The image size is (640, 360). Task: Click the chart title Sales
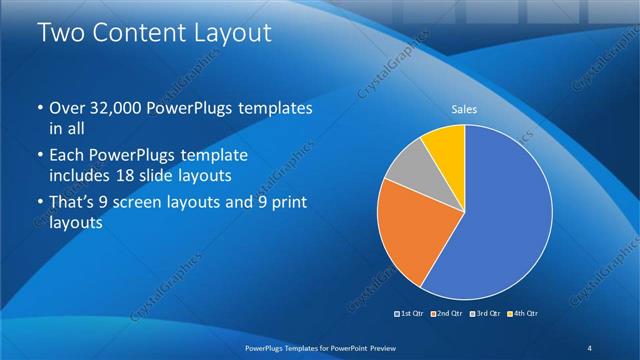pyautogui.click(x=464, y=108)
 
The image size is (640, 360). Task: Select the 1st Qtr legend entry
pyautogui.click(x=411, y=314)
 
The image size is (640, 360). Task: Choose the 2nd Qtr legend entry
pyautogui.click(x=446, y=314)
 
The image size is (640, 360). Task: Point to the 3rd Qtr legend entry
pyautogui.click(x=483, y=314)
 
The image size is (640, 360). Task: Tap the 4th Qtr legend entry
pyautogui.click(x=521, y=314)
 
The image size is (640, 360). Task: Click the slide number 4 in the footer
pyautogui.click(x=590, y=347)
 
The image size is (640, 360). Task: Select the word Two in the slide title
pyautogui.click(x=61, y=33)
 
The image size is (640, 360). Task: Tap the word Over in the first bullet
pyautogui.click(x=67, y=108)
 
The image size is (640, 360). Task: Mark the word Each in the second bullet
pyautogui.click(x=67, y=156)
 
